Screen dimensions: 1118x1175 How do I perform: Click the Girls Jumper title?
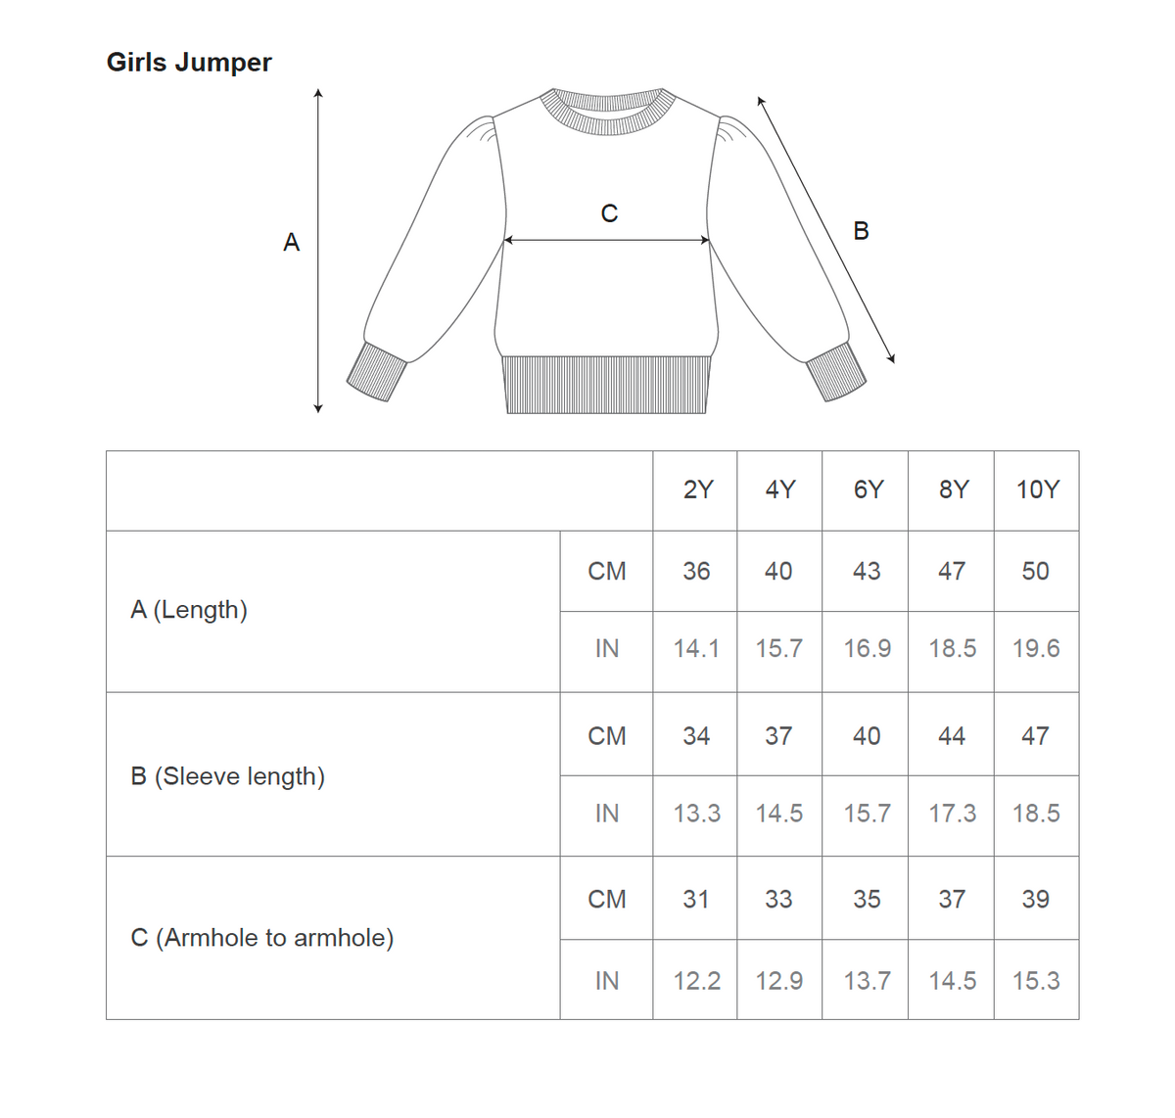coord(189,63)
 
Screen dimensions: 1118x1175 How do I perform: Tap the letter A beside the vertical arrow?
coord(291,243)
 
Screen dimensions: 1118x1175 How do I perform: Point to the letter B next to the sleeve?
coord(861,231)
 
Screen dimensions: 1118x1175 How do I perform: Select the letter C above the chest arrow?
coord(609,213)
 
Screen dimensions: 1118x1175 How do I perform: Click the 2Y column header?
coord(698,489)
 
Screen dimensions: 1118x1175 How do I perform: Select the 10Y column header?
coord(1037,489)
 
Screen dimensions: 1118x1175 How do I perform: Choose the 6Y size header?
coord(868,489)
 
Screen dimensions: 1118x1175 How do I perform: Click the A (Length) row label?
coord(189,610)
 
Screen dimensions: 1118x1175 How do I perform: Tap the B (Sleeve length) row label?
coord(227,776)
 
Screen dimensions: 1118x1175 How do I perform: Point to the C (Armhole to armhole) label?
coord(261,938)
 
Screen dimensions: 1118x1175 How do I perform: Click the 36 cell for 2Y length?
coord(696,571)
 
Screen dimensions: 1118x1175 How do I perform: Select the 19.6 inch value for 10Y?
coord(1036,648)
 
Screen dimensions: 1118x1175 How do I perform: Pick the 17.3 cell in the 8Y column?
coord(952,813)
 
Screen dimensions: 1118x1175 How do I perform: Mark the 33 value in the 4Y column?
coord(778,899)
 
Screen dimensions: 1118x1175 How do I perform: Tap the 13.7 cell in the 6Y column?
coord(867,980)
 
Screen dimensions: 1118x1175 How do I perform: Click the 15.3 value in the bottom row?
coord(1036,980)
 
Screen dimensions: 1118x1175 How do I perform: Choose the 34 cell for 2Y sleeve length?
coord(696,735)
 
